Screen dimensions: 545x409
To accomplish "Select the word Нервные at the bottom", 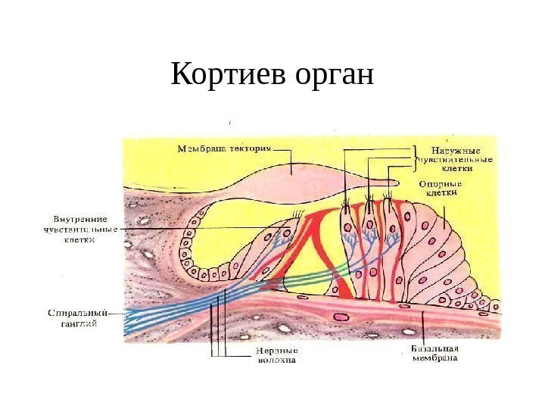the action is point(276,351).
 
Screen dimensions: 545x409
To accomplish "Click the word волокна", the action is point(276,361).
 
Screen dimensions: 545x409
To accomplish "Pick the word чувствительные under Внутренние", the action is point(80,230).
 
